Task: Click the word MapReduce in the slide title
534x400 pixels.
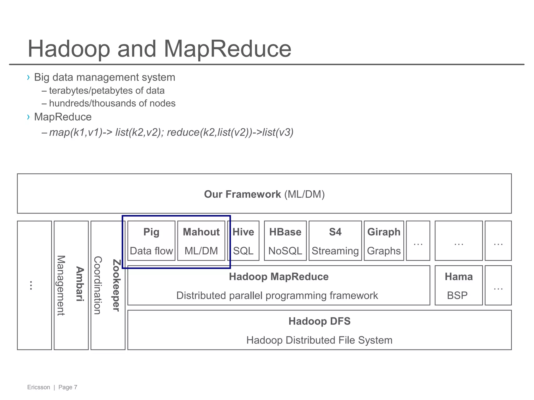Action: [x=227, y=49]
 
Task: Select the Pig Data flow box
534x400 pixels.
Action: [x=151, y=241]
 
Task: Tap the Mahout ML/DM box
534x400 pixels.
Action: [x=201, y=241]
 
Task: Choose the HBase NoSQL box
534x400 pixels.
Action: [x=285, y=241]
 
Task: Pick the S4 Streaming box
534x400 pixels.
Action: [x=335, y=241]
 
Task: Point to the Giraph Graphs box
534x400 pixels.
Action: [x=384, y=241]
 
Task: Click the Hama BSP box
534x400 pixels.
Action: [x=458, y=285]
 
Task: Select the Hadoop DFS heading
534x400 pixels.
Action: [x=319, y=321]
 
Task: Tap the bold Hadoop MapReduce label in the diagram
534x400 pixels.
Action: [x=278, y=277]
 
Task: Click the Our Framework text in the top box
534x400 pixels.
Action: [x=242, y=194]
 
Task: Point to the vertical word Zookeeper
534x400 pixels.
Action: [x=116, y=285]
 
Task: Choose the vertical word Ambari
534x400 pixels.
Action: [x=80, y=284]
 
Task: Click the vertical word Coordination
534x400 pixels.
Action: [x=98, y=285]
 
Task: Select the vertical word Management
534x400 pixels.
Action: [x=61, y=285]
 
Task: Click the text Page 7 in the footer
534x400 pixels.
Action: [x=68, y=387]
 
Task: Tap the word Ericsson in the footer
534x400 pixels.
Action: [x=39, y=387]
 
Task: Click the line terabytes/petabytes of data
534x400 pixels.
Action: [x=107, y=91]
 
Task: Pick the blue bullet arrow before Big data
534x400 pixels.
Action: [x=28, y=77]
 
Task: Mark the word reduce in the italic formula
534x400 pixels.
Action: [x=183, y=132]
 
